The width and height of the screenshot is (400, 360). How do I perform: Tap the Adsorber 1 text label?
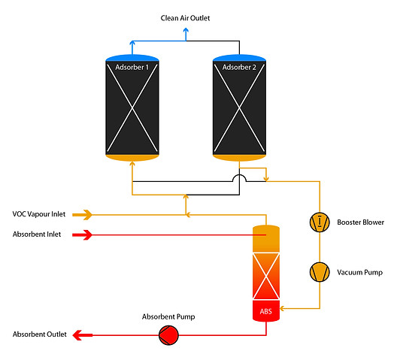pos(132,68)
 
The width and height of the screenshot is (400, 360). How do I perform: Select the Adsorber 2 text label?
pos(239,68)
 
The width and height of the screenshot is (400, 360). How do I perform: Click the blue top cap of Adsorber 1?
pos(132,57)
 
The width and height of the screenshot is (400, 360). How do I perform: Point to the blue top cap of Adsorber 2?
pos(239,57)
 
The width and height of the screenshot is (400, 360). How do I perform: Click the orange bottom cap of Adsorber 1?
pos(132,157)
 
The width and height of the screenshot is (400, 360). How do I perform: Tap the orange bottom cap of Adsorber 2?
pos(239,157)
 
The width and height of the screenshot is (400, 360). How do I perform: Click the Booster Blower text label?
pos(360,222)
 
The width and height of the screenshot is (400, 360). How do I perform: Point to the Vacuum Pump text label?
pos(357,272)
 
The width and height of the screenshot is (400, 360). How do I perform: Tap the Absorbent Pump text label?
pos(168,316)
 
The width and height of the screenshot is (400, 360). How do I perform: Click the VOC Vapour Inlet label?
pos(39,214)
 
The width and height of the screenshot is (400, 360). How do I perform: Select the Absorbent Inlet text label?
pos(37,234)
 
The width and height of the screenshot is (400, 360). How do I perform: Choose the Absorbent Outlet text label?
pos(40,334)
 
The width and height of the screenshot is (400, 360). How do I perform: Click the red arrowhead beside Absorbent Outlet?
pos(77,334)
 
